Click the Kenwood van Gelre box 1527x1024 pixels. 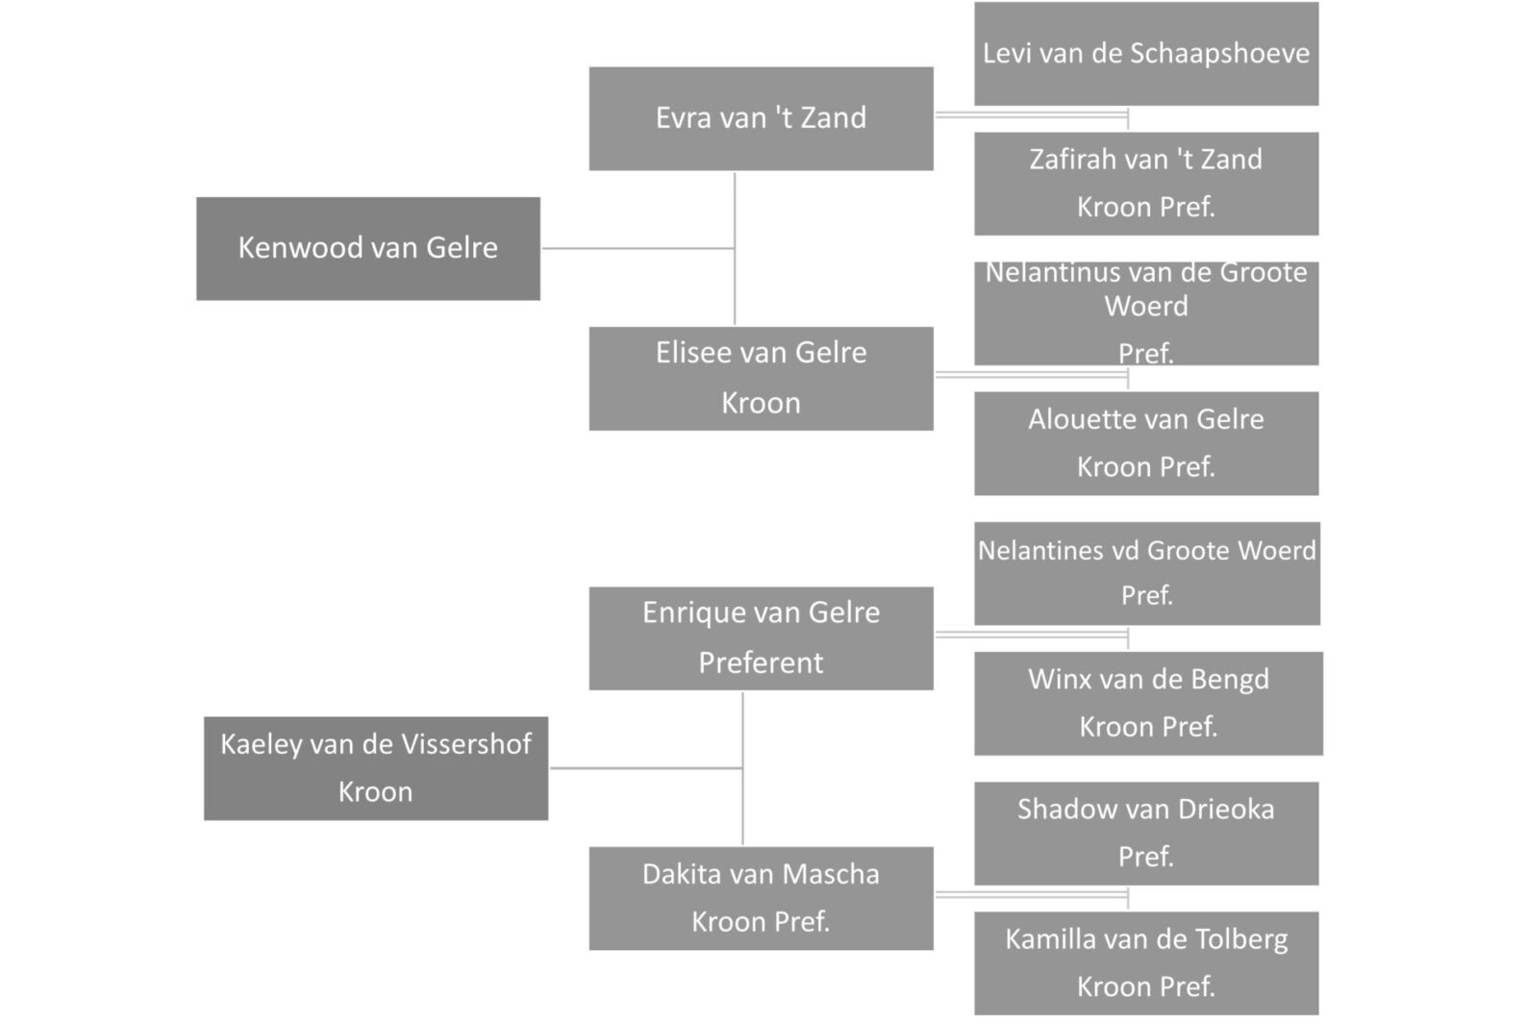point(368,249)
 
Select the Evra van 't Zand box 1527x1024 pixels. point(761,118)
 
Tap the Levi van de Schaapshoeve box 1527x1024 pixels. point(1146,53)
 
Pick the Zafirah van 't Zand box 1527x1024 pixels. point(1146,184)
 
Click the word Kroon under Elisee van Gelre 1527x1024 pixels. point(761,403)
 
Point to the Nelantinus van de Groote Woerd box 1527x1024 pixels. point(1146,313)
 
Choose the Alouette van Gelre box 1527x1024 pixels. point(1146,443)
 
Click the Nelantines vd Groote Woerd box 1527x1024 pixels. point(1146,573)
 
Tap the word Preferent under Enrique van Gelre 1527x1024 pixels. point(761,662)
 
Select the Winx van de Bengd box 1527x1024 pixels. point(1148,704)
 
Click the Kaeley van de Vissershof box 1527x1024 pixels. point(376,768)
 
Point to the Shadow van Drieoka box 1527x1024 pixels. point(1146,833)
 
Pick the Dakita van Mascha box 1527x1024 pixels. point(761,899)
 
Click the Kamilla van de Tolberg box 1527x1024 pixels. point(1146,963)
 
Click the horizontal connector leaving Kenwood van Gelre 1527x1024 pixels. point(638,248)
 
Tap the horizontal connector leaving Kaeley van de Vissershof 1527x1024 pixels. point(646,768)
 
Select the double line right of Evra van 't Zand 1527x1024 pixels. point(1032,114)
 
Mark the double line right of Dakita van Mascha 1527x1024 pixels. point(1032,894)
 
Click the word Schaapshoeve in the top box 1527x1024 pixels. point(1219,54)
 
